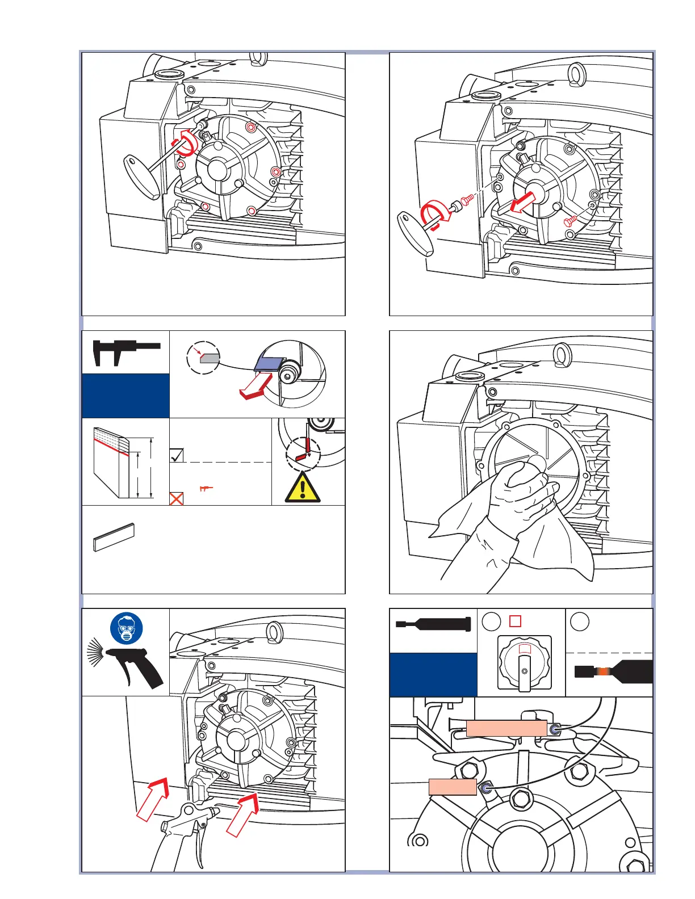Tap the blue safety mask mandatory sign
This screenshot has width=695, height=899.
pyautogui.click(x=127, y=628)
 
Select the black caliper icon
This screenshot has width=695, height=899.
pyautogui.click(x=125, y=351)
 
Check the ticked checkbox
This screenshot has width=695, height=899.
pyautogui.click(x=177, y=455)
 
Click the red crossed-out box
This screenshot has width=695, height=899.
pyautogui.click(x=177, y=499)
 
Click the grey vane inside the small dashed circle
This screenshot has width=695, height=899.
pyautogui.click(x=210, y=358)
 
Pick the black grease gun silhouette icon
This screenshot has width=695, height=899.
pyautogui.click(x=433, y=624)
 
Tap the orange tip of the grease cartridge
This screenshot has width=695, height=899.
pyautogui.click(x=606, y=671)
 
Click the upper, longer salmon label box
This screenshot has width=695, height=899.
pyautogui.click(x=506, y=729)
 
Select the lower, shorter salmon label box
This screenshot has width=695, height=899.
pyautogui.click(x=453, y=787)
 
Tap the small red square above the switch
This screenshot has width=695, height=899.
pyautogui.click(x=515, y=621)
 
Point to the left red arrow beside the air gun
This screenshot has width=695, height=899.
pyautogui.click(x=154, y=799)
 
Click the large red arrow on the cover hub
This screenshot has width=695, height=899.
pyautogui.click(x=522, y=201)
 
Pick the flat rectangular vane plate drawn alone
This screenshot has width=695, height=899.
pyautogui.click(x=114, y=537)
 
